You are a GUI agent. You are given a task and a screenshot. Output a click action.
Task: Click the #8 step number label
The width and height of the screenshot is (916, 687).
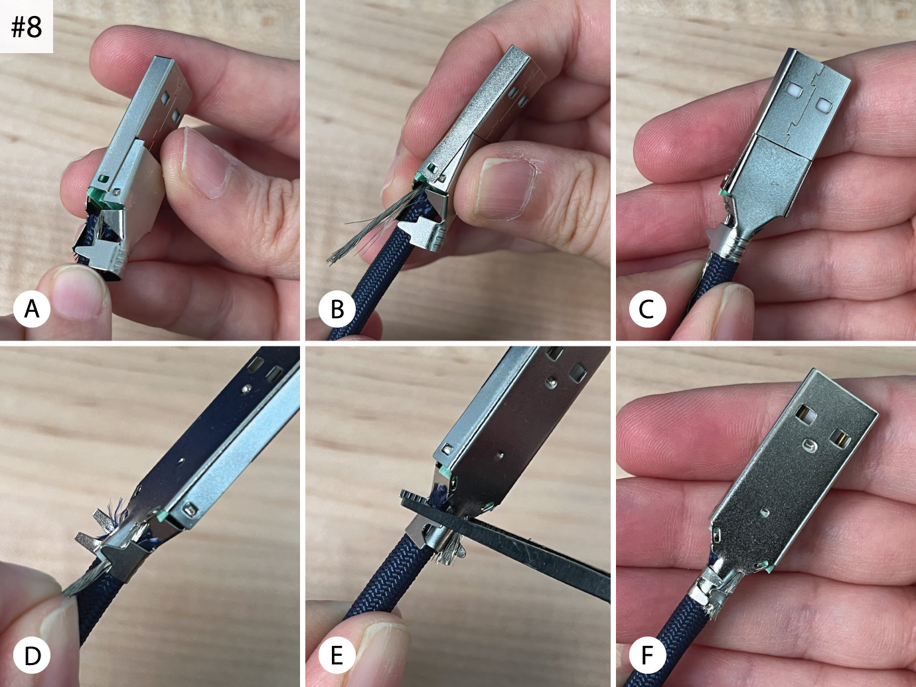pyautogui.click(x=27, y=27)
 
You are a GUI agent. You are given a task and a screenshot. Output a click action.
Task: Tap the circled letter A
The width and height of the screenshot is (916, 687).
pyautogui.click(x=32, y=309)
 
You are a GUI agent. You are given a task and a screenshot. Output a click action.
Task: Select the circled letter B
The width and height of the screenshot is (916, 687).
pyautogui.click(x=337, y=309)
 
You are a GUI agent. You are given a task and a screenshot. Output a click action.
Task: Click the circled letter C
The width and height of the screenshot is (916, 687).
pyautogui.click(x=647, y=309)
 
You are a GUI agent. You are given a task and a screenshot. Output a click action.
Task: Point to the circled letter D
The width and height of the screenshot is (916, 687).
pyautogui.click(x=32, y=655)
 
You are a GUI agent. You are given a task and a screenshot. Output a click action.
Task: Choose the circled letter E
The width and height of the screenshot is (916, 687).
pyautogui.click(x=337, y=655)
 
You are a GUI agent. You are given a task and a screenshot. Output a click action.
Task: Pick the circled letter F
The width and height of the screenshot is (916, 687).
pyautogui.click(x=647, y=655)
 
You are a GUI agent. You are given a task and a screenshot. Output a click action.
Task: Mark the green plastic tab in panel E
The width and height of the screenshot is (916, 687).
pyautogui.click(x=445, y=472)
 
